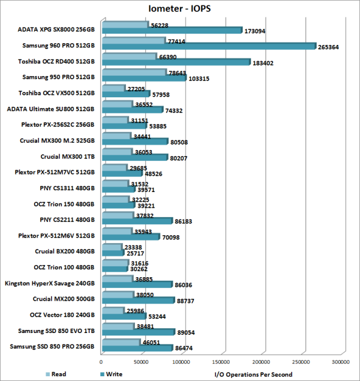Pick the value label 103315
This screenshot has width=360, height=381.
point(199,78)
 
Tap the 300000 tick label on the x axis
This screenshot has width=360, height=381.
point(341,362)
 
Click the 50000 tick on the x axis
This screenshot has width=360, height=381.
point(142,362)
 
